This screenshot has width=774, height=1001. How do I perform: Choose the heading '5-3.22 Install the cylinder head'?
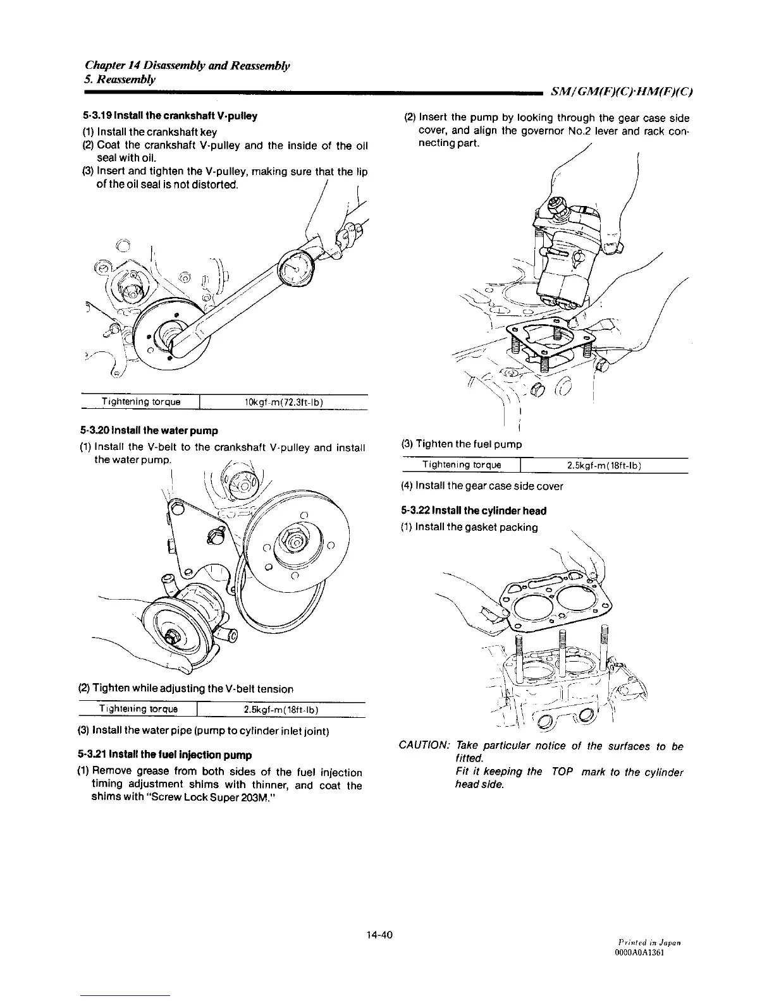point(474,511)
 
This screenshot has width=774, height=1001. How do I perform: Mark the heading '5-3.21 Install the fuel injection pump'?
point(165,755)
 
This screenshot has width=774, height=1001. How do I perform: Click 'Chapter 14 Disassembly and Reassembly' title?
point(187,66)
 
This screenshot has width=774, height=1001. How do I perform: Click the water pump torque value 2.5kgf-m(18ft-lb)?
point(280,710)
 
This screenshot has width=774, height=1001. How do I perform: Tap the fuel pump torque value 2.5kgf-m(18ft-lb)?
point(605,466)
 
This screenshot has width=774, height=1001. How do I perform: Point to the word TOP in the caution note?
point(562,772)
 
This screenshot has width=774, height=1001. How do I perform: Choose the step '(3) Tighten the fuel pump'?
point(462,444)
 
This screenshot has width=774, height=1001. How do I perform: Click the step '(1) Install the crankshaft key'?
point(149,131)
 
